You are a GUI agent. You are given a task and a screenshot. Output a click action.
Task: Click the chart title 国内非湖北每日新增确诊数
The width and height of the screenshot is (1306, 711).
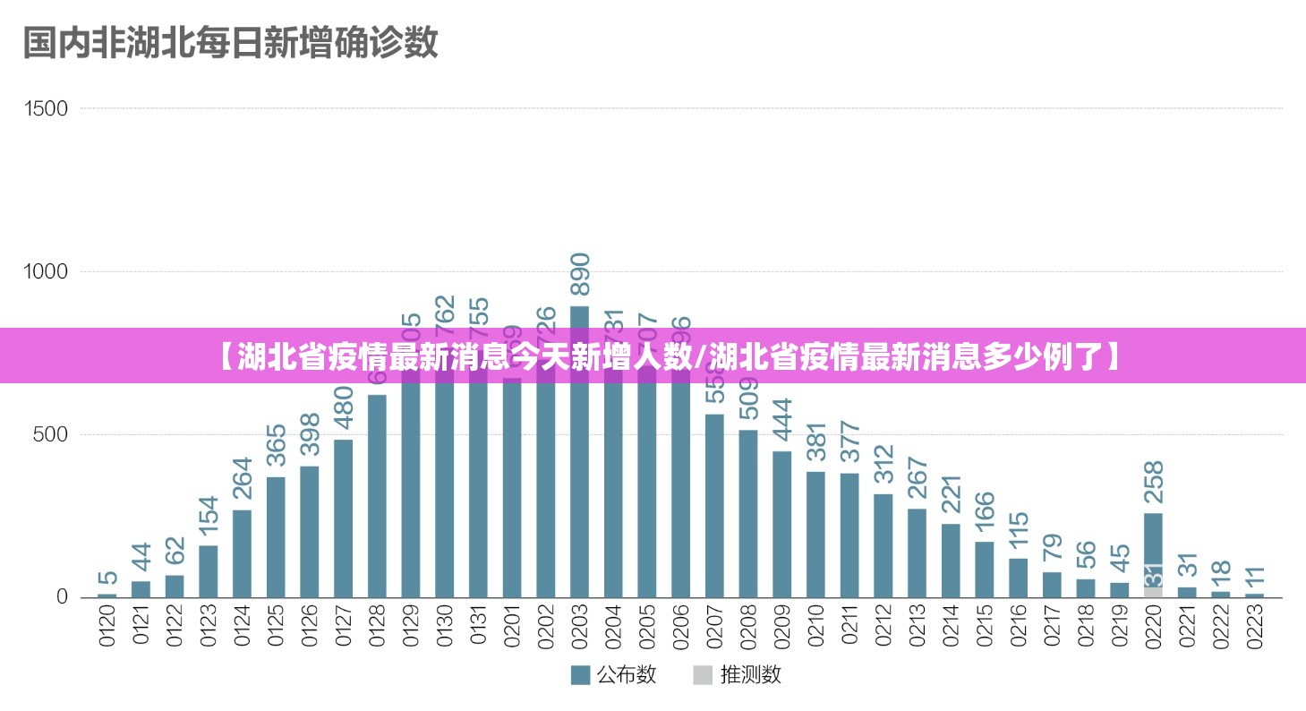(x=230, y=41)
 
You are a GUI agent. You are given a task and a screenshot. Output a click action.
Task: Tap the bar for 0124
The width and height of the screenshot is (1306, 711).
(x=242, y=553)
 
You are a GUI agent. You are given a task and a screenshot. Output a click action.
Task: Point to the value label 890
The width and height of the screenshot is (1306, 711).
(x=580, y=274)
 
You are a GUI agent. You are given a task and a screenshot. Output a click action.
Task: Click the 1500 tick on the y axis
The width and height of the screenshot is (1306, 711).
(x=47, y=108)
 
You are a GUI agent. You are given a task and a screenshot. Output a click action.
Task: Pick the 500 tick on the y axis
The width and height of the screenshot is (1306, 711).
(x=51, y=434)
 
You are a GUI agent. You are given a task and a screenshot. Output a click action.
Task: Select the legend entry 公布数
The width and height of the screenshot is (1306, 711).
(x=614, y=674)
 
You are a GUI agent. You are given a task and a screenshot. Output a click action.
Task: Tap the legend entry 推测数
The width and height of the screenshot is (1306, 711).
(x=738, y=674)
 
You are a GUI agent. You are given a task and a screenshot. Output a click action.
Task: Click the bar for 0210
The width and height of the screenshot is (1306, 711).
(x=815, y=534)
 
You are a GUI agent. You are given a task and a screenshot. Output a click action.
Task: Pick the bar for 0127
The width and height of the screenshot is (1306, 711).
(x=343, y=518)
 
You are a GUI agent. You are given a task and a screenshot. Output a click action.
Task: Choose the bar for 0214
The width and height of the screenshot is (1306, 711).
(x=951, y=560)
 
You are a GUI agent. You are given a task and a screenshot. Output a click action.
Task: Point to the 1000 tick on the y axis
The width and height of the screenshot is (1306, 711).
(x=47, y=271)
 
